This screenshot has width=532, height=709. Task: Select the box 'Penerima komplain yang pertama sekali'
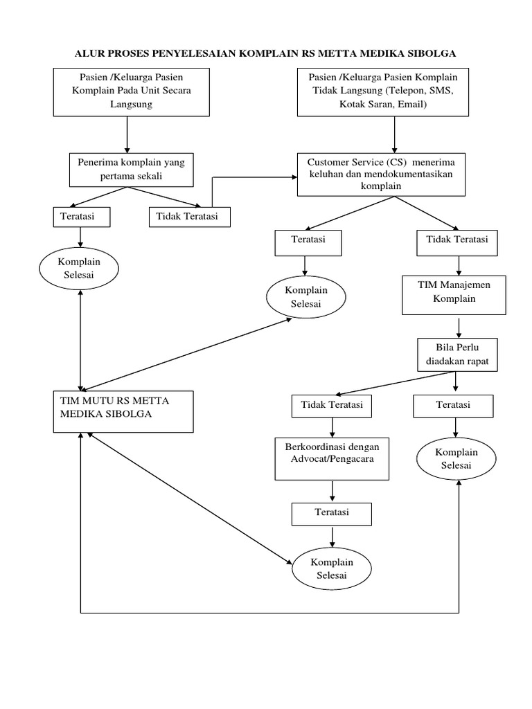132,169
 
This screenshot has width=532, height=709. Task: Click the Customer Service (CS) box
382,174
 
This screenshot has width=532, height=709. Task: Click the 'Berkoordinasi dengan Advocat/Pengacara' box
332,458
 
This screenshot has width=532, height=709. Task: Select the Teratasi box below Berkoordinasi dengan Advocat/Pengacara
332,513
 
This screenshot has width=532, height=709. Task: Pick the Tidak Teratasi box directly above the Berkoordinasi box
332,404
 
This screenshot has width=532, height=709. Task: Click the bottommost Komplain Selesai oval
332,568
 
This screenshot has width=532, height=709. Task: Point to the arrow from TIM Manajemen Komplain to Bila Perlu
459,327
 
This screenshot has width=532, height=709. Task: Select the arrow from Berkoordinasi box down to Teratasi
332,491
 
